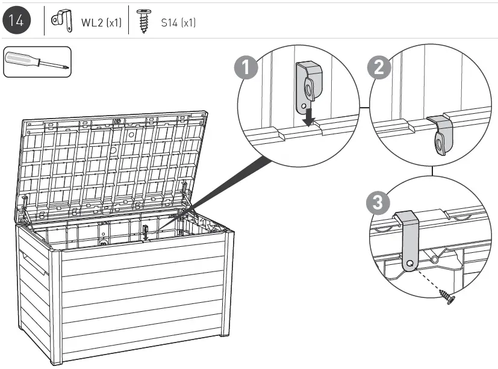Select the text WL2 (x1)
(101, 23)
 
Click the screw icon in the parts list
(143, 21)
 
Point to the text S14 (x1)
(178, 23)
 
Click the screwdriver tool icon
(37, 61)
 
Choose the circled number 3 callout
(378, 203)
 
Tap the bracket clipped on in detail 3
(408, 241)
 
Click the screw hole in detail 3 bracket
(409, 263)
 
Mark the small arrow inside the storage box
(145, 233)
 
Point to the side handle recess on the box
(34, 265)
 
